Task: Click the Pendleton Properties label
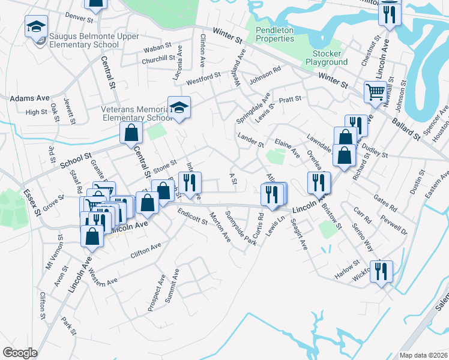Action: pos(275,34)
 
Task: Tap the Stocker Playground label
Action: pos(327,58)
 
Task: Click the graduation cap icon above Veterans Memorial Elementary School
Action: pos(179,107)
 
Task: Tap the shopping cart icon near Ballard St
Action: pos(375,92)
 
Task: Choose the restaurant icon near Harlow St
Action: pos(381,271)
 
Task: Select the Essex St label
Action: pos(31,202)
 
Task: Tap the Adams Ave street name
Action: pos(29,97)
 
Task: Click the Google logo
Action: pos(20,353)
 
